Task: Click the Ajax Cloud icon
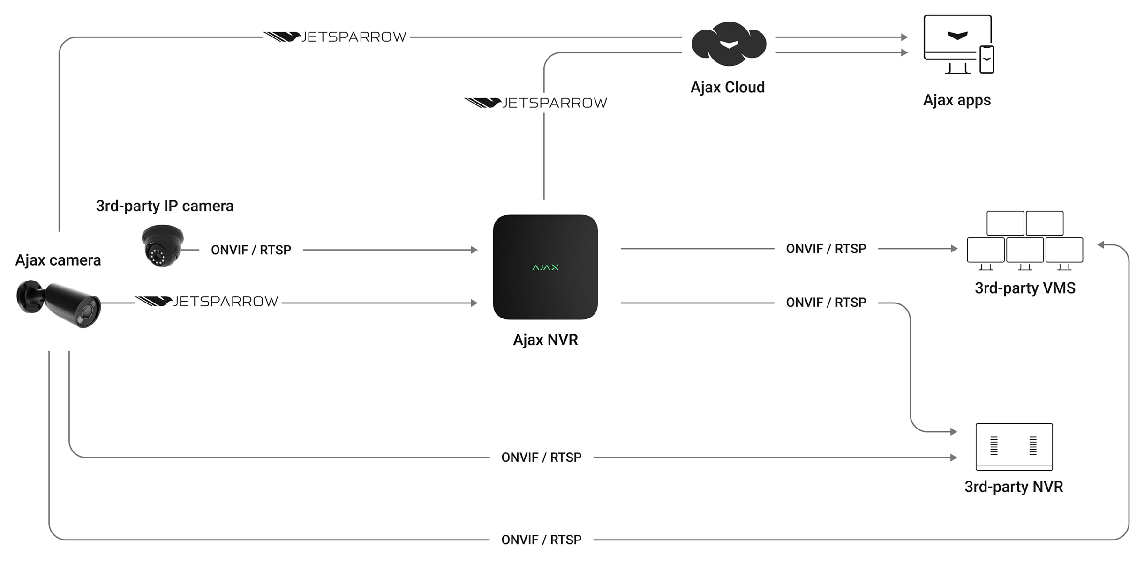pos(729,44)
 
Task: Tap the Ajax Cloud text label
pos(727,87)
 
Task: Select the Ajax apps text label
pos(956,100)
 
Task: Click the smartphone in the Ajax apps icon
pos(986,59)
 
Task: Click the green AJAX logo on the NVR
pos(545,267)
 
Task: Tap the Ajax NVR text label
pos(545,340)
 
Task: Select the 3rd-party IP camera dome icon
pos(162,245)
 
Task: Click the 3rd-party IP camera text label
pos(165,206)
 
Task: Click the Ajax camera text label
pos(58,260)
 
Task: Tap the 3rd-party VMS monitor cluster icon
pos(1025,240)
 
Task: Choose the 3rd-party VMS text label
pos(1025,288)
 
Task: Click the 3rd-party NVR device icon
pos(1014,446)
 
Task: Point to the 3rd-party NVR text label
pos(1013,487)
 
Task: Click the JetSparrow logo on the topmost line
pos(335,37)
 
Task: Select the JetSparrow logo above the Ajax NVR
pos(535,103)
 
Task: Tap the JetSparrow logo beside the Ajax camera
pos(207,302)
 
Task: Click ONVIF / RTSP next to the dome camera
pos(251,250)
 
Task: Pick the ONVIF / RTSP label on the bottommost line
pos(541,540)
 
